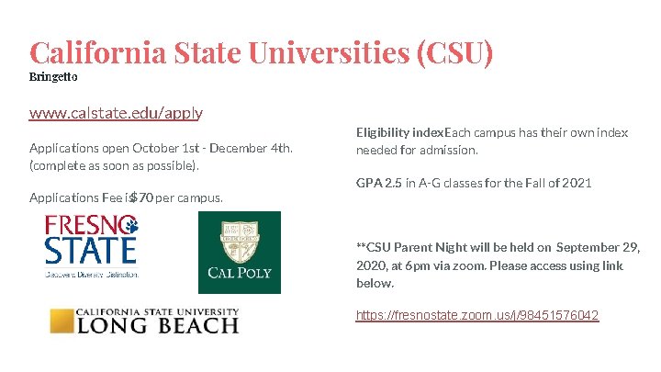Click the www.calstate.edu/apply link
pos(116,113)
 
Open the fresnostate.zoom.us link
pos(477,316)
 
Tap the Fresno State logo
pos(92,246)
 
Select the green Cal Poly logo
pos(240,253)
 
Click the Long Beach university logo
pos(144,321)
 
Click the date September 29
pos(597,247)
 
